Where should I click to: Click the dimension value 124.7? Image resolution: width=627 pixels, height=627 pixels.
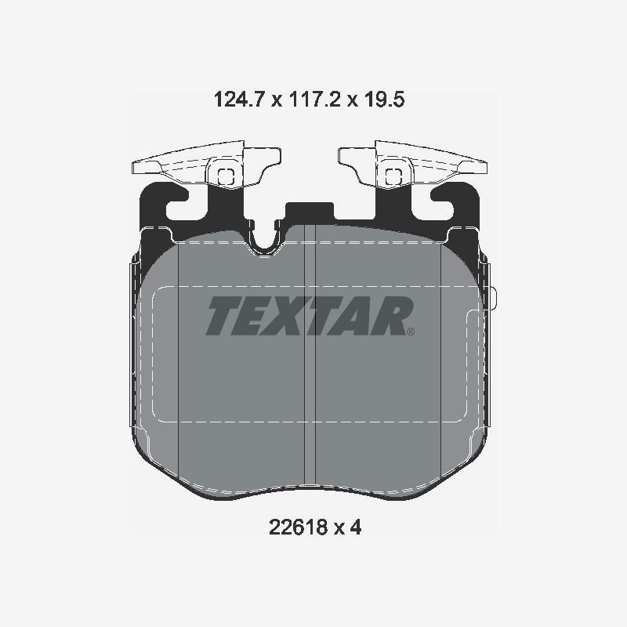(239, 100)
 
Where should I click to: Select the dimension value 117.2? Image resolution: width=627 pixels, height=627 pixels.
(314, 100)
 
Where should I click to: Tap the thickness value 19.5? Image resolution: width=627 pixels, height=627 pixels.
(384, 100)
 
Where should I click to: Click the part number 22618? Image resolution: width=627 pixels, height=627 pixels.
(299, 527)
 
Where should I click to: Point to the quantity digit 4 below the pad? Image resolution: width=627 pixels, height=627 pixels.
(356, 527)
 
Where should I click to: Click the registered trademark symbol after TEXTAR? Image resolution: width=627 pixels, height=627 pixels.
(410, 331)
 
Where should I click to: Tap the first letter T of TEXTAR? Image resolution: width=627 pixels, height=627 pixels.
(225, 316)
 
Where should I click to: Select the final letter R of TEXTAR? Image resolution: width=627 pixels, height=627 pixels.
(391, 316)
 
